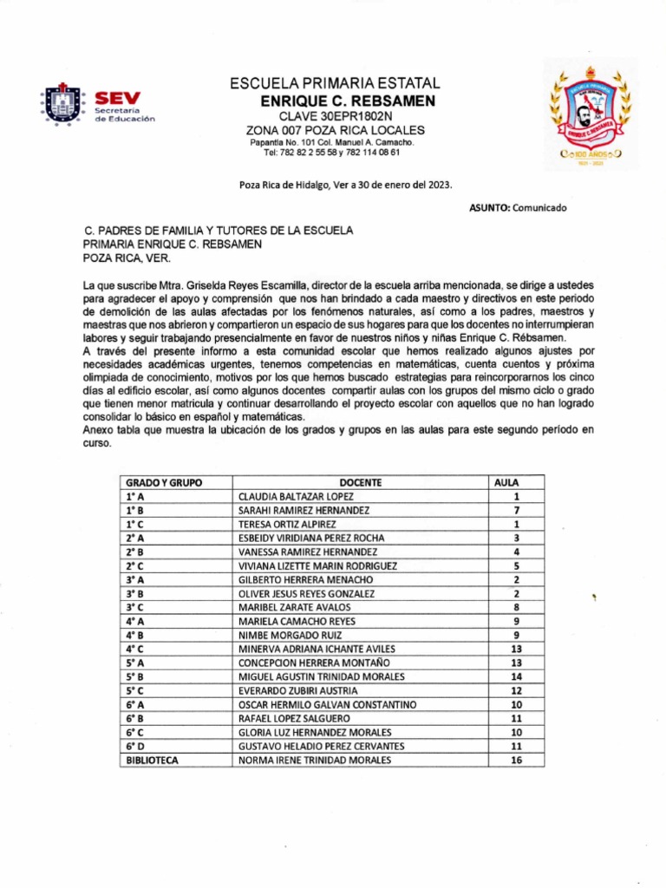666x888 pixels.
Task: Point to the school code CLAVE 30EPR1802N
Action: click(335, 116)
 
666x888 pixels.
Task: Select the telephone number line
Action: click(331, 153)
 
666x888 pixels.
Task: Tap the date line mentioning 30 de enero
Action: click(345, 185)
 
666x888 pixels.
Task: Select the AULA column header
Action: click(506, 482)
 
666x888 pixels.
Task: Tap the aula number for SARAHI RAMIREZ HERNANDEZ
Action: click(516, 511)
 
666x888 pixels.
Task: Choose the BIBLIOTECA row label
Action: click(152, 761)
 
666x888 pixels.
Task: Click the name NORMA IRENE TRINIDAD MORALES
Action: click(314, 761)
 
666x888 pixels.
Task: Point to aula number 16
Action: click(516, 761)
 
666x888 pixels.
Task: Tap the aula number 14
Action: click(516, 677)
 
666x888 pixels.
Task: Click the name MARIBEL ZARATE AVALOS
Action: click(289, 608)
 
